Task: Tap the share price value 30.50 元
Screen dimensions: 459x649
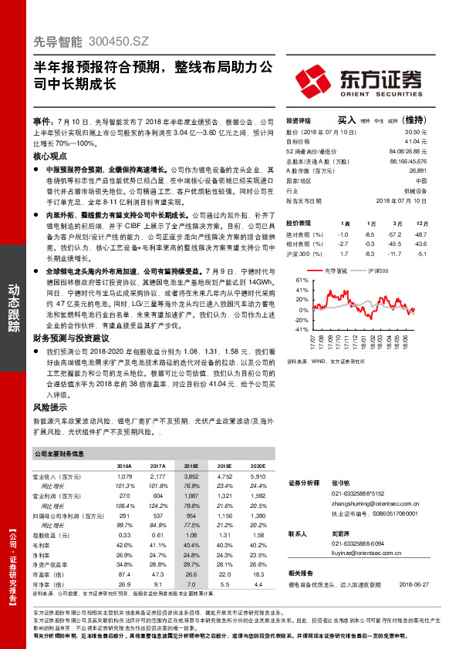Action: (x=416, y=132)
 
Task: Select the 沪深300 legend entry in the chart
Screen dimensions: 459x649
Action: (x=377, y=271)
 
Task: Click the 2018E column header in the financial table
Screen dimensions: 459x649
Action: (x=191, y=466)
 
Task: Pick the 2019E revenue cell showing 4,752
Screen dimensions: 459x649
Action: (x=224, y=477)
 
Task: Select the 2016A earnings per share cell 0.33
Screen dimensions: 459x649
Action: (x=123, y=534)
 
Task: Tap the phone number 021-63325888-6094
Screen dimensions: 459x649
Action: (x=363, y=543)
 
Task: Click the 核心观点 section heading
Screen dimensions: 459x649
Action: (x=49, y=155)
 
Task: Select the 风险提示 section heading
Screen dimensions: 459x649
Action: (x=49, y=406)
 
